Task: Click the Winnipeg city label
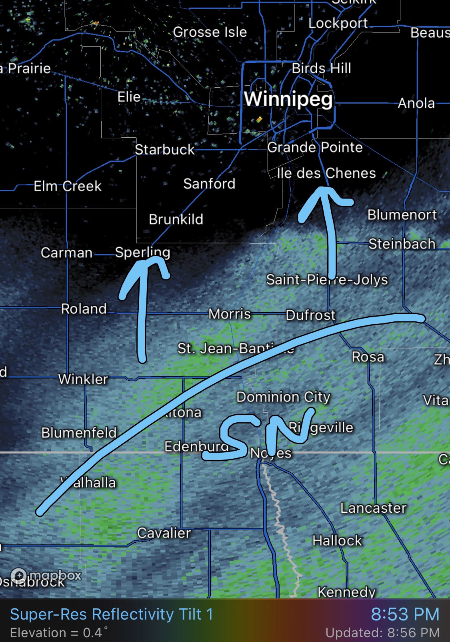tap(288, 99)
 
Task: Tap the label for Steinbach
tap(402, 244)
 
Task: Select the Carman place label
tap(66, 253)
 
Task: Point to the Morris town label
tap(230, 314)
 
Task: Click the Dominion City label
tap(283, 397)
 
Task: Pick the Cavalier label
tap(164, 533)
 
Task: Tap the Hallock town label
tap(337, 541)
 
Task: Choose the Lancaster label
tap(373, 508)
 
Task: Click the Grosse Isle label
tap(210, 32)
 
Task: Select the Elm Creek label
tap(68, 186)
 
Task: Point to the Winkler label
tap(83, 379)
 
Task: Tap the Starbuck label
tap(164, 149)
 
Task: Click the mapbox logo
tap(46, 576)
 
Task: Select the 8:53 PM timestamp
tap(405, 614)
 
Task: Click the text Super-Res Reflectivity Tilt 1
tap(111, 614)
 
